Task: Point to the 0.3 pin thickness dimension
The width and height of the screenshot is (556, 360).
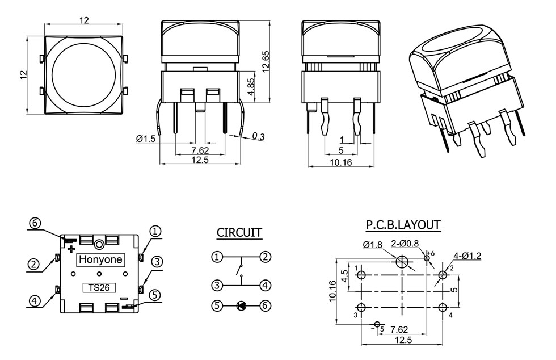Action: point(258,136)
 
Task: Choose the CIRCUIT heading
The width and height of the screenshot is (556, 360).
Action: point(239,233)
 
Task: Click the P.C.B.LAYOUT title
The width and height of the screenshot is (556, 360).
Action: point(403,225)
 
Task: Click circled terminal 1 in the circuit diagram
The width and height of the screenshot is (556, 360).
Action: point(217,257)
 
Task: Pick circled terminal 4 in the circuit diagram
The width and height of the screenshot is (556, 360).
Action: point(265,284)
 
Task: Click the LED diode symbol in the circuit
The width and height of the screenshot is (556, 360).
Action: point(241,305)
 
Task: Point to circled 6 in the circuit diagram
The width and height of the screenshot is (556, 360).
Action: point(265,305)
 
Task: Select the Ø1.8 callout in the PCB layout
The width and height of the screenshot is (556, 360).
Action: point(372,245)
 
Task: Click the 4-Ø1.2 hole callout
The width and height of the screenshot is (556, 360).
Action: point(467,256)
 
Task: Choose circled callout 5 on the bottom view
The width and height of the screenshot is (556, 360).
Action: point(155,295)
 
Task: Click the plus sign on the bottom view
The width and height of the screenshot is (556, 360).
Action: point(71,249)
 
